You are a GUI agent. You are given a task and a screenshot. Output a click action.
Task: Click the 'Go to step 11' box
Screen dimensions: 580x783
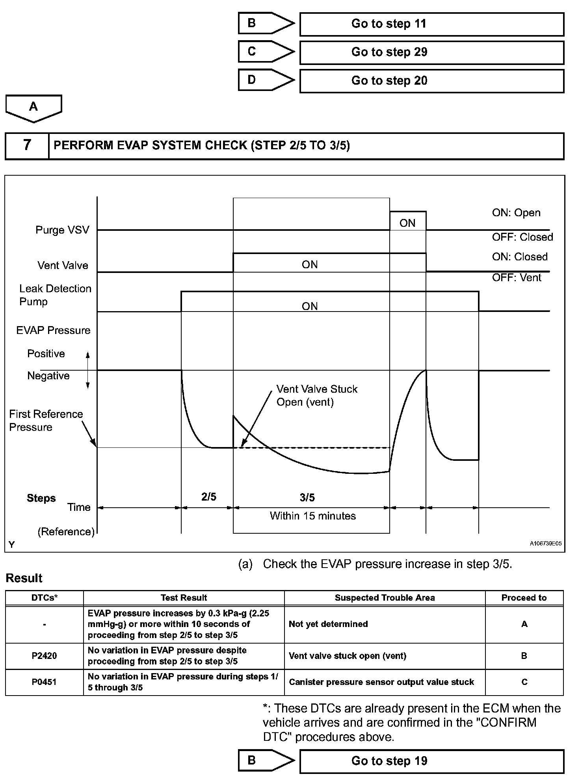click(431, 24)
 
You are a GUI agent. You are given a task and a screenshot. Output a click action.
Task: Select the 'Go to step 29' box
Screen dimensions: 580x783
click(431, 52)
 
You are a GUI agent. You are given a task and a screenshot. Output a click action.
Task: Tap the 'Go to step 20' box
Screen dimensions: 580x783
click(431, 81)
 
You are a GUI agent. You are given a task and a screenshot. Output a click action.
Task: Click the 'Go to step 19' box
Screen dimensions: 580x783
click(431, 761)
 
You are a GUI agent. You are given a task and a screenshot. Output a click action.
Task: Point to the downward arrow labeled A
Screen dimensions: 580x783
click(33, 108)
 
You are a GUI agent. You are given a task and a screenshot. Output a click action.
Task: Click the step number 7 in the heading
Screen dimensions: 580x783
click(27, 145)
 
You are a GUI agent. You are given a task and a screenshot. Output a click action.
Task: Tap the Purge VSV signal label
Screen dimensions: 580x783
click(62, 230)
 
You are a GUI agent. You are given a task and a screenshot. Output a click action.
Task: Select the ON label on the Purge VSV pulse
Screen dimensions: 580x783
click(407, 223)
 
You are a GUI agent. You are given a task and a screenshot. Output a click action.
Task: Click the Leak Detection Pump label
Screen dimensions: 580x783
click(55, 295)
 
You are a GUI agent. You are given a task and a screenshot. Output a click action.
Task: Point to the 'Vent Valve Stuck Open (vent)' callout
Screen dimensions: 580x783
click(316, 395)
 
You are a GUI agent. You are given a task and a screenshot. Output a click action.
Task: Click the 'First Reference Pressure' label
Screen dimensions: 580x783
click(46, 421)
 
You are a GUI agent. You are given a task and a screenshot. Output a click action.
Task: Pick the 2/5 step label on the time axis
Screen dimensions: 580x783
click(209, 497)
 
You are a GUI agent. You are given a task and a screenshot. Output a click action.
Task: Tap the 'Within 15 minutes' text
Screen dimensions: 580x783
click(312, 516)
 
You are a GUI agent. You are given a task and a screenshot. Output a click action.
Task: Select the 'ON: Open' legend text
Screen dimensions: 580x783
click(516, 213)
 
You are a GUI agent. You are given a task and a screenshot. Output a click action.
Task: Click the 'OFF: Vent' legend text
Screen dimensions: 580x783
click(517, 278)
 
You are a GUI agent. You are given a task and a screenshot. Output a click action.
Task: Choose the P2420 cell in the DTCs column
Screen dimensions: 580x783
click(44, 656)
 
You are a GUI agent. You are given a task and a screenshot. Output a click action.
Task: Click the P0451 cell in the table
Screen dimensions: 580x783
click(44, 682)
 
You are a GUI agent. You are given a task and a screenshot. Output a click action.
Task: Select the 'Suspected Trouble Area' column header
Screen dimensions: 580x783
click(385, 597)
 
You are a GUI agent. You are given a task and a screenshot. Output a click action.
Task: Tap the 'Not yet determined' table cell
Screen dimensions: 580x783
click(328, 624)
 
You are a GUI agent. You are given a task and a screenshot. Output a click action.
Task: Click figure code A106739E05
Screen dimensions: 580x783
click(545, 544)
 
